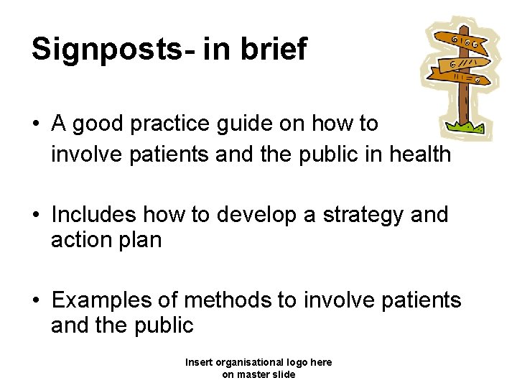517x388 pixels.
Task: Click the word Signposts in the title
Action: tap(108, 50)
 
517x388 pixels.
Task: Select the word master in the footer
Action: tap(253, 374)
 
